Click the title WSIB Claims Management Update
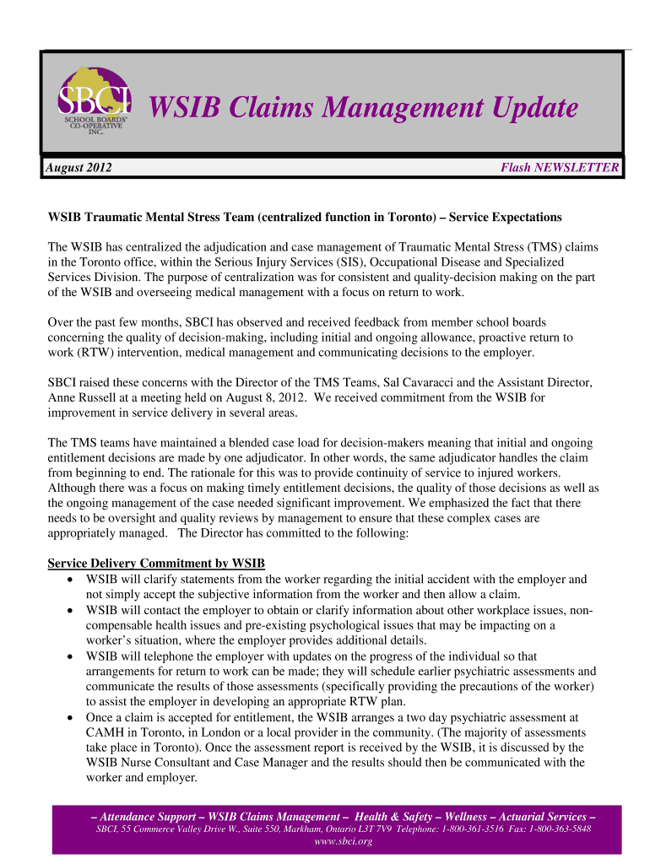[363, 109]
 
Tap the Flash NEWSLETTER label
[560, 168]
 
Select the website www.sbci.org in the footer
[342, 842]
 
